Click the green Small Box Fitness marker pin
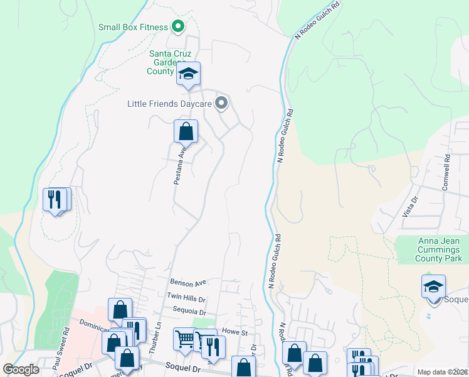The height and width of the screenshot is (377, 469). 178,27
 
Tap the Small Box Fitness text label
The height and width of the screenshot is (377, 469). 133,27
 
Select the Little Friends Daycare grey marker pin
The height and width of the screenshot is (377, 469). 221,103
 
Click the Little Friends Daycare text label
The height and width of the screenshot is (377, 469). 169,104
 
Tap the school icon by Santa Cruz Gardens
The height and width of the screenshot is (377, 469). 187,74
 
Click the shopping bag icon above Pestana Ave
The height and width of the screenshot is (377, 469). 186,132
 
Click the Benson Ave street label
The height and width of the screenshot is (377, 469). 187,283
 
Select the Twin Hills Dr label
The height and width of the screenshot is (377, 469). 186,296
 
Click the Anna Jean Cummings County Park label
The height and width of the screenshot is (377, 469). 439,249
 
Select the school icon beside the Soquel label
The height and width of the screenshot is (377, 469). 433,287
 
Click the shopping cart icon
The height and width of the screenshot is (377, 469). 185,339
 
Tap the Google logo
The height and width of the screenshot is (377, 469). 21,369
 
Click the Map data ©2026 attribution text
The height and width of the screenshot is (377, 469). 443,372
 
